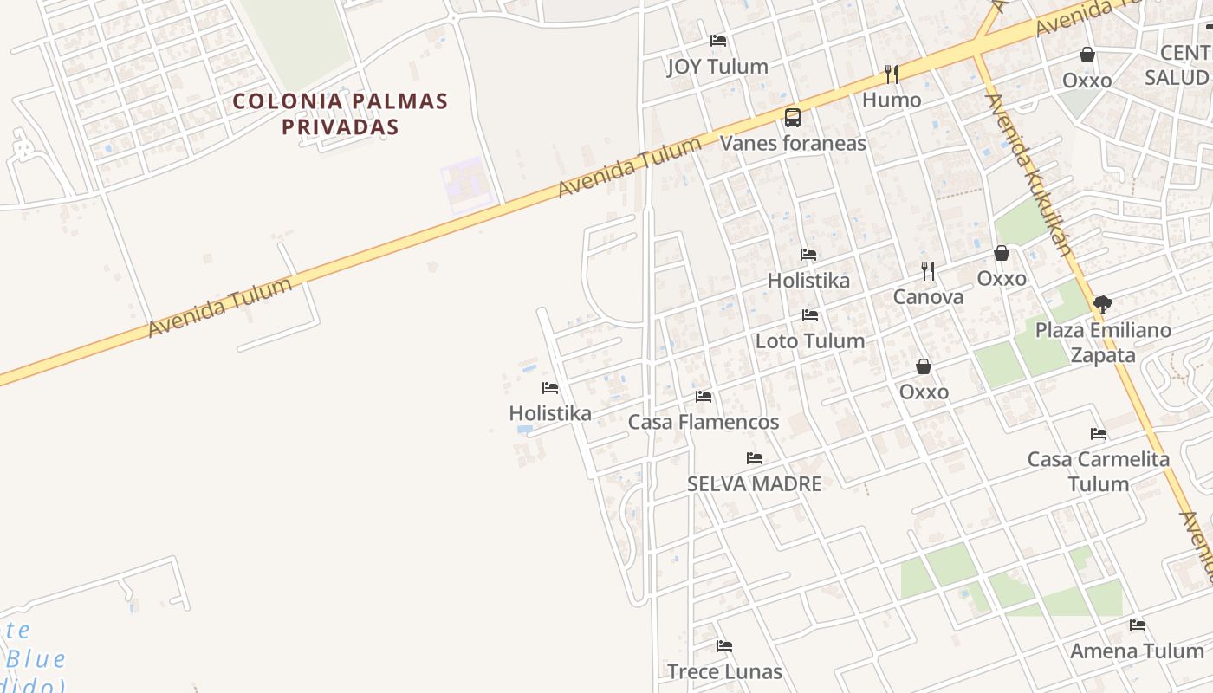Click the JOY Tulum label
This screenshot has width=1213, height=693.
[x=717, y=67]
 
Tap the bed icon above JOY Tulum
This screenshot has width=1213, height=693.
[x=717, y=41]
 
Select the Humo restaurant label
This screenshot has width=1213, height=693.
[x=892, y=100]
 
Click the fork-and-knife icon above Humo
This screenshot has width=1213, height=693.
[x=891, y=74]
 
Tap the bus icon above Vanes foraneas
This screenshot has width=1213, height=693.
[x=792, y=118]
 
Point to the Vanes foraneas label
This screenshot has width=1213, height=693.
[x=793, y=143]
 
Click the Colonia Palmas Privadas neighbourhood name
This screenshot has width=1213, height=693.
[x=341, y=113]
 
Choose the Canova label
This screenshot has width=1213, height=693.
[x=928, y=297]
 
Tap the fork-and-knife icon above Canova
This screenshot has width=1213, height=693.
[x=928, y=271]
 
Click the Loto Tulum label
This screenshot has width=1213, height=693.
[x=810, y=341]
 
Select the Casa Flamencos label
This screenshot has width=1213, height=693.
[x=704, y=423]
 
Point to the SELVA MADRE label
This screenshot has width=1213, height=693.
[x=754, y=484]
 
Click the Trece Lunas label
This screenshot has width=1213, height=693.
[x=724, y=671]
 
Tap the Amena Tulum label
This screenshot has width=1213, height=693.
[x=1137, y=651]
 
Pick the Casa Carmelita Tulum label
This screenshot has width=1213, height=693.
[x=1099, y=471]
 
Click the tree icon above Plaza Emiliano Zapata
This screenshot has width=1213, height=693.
[x=1102, y=305]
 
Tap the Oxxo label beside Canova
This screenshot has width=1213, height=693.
[x=1002, y=279]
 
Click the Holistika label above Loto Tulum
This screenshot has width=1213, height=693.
[x=808, y=281]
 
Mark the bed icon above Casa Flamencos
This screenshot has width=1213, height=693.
[x=704, y=397]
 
